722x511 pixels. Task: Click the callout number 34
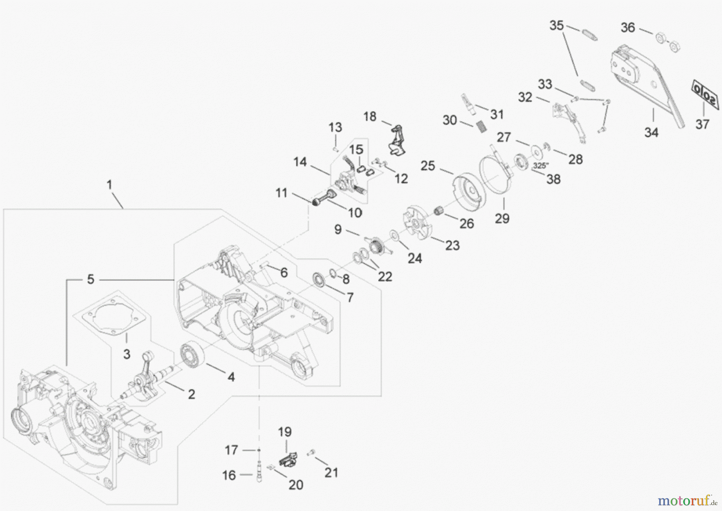pos(651,132)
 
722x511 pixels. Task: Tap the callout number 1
pos(109,185)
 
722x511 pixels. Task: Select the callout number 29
pos(502,218)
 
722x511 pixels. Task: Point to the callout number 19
pos(285,432)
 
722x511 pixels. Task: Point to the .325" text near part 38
pos(541,165)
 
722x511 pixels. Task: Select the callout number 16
pos(229,475)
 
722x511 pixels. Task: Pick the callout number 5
pos(91,279)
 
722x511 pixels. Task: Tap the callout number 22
pos(385,276)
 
